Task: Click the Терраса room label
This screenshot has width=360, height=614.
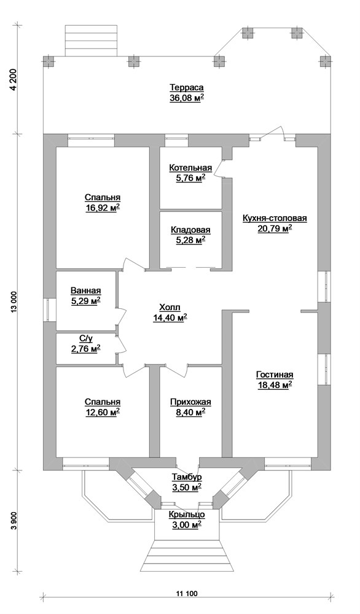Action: pos(187,88)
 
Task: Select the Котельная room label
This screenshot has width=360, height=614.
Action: pos(190,168)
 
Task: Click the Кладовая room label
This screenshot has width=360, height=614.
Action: pos(190,230)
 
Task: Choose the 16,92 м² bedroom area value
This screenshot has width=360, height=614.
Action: pos(103,208)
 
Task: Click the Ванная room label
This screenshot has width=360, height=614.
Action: pos(85,290)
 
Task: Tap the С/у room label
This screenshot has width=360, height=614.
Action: pos(85,339)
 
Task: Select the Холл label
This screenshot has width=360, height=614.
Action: pos(170,307)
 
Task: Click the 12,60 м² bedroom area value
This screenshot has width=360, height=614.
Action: pos(103,413)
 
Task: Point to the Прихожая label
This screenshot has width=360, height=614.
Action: pos(190,403)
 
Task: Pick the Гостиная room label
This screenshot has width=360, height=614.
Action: pos(275,375)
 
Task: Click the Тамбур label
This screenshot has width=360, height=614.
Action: pos(187,477)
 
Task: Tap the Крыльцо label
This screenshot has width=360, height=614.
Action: pos(187,515)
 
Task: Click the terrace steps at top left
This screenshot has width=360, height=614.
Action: pos(91,41)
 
